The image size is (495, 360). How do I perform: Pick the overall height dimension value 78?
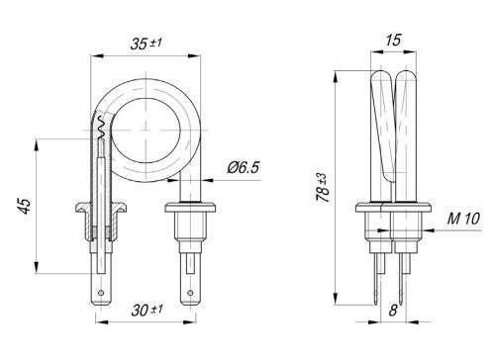click(x=324, y=188)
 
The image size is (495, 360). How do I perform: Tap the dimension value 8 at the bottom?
click(x=393, y=310)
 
